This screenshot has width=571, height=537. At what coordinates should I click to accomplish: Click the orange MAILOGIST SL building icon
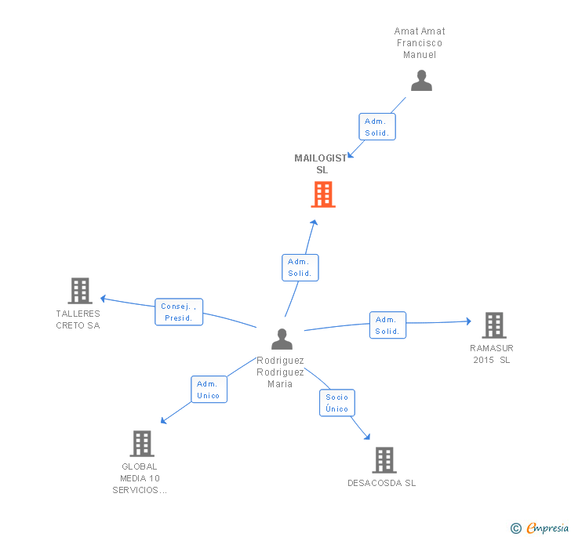pyautogui.click(x=323, y=194)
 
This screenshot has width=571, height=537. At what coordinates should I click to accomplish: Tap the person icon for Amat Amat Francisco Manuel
pyautogui.click(x=421, y=81)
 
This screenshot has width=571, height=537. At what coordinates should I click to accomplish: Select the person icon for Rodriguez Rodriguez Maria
pyautogui.click(x=282, y=339)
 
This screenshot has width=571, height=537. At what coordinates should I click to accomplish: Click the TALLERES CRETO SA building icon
pyautogui.click(x=79, y=291)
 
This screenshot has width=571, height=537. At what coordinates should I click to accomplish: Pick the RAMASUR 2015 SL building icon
pyautogui.click(x=493, y=325)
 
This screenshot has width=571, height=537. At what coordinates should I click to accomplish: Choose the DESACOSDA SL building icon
pyautogui.click(x=384, y=460)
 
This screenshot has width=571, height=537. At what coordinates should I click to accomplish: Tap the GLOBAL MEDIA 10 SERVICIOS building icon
pyautogui.click(x=141, y=444)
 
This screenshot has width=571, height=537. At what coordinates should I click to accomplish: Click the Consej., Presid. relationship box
pyautogui.click(x=179, y=312)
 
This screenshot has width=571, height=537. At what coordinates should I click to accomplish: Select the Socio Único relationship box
pyautogui.click(x=336, y=403)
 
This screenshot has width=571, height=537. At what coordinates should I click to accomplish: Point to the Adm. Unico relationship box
pyautogui.click(x=209, y=390)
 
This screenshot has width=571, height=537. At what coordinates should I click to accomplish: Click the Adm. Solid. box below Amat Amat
pyautogui.click(x=377, y=127)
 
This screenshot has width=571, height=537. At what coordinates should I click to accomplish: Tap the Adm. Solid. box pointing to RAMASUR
pyautogui.click(x=387, y=325)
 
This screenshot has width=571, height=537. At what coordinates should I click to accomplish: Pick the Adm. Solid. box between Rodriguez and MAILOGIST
pyautogui.click(x=300, y=267)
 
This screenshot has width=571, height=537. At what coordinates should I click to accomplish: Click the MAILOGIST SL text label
pyautogui.click(x=322, y=164)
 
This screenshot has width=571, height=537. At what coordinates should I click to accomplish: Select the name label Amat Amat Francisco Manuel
pyautogui.click(x=420, y=43)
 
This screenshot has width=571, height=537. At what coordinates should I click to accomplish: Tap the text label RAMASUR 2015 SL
pyautogui.click(x=492, y=354)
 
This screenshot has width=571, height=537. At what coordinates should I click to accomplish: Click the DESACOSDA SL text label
pyautogui.click(x=382, y=483)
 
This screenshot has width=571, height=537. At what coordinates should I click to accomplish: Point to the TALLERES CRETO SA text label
pyautogui.click(x=78, y=319)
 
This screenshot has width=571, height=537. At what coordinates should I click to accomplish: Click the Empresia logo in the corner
pyautogui.click(x=540, y=528)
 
